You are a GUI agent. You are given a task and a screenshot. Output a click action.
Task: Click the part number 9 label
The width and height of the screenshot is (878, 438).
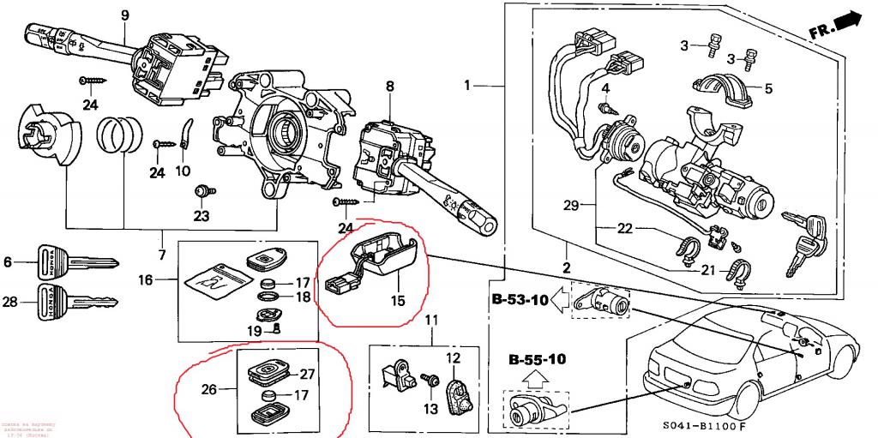click(123, 15)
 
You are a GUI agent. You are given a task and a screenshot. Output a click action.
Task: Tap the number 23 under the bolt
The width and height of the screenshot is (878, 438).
click(201, 216)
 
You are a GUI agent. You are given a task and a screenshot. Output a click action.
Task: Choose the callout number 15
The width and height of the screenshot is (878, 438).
click(396, 301)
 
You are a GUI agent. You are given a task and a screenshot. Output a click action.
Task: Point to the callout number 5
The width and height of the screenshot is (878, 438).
click(768, 87)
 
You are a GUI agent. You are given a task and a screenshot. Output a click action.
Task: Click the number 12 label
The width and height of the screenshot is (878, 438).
click(453, 356)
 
